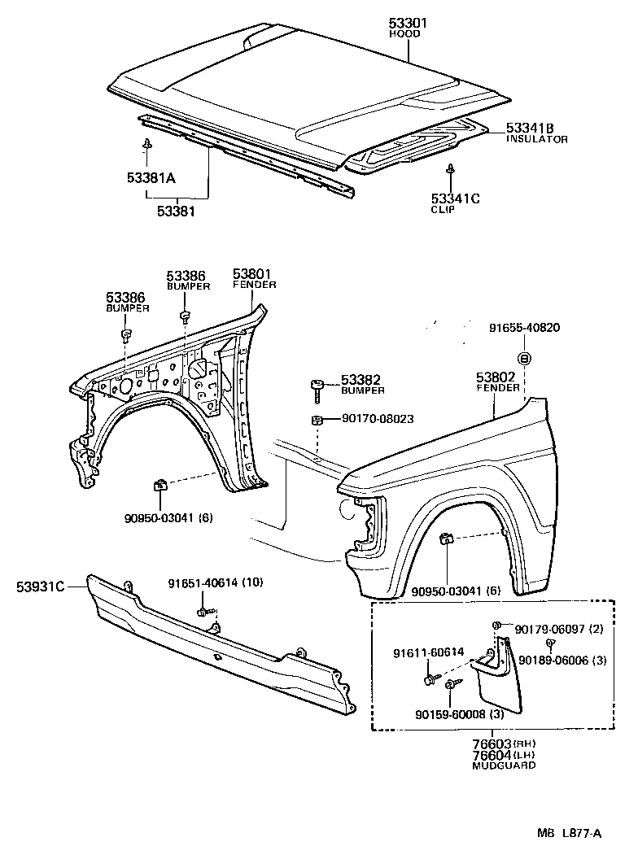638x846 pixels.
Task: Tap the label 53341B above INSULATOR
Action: tap(530, 129)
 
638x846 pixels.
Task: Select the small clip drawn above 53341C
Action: tap(450, 169)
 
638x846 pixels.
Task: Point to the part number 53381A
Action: tap(151, 178)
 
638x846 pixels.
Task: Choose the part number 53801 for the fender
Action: tap(254, 274)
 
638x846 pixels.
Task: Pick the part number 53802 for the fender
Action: tap(497, 377)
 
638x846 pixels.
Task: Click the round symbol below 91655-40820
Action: tap(525, 358)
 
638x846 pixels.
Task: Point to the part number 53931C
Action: tap(39, 584)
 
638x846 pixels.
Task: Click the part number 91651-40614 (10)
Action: tap(216, 583)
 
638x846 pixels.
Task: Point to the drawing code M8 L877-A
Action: tap(568, 832)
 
